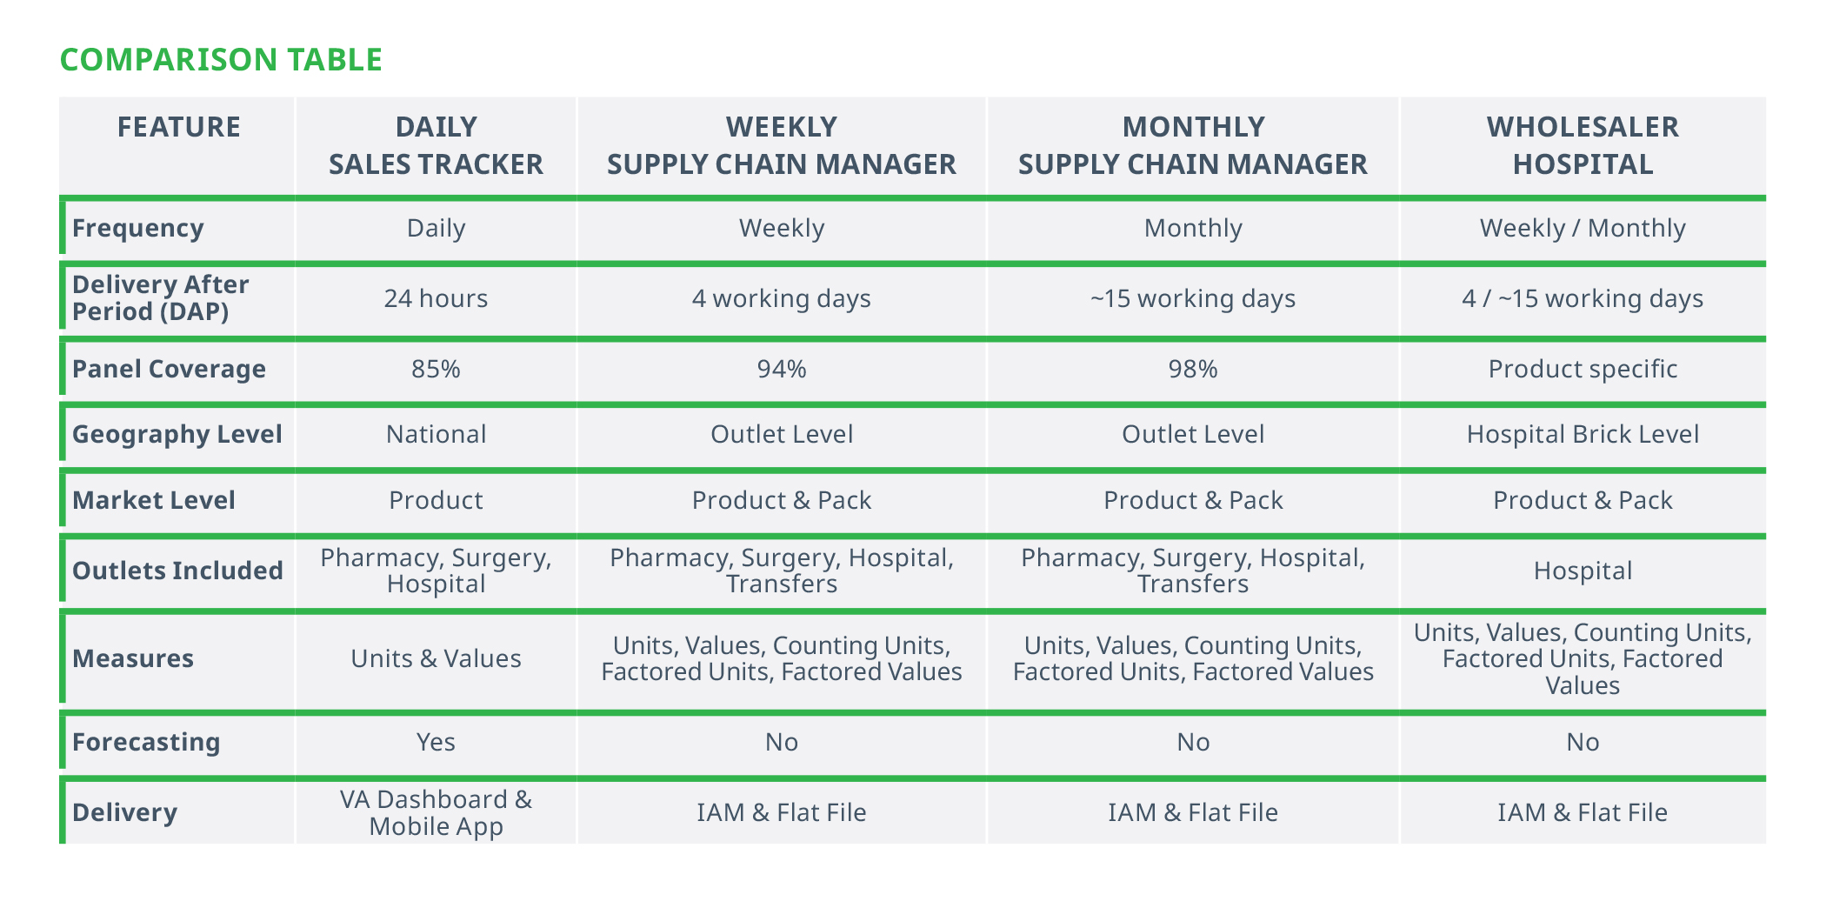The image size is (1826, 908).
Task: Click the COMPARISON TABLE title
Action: coord(221,59)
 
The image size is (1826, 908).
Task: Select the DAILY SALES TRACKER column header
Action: coord(436,145)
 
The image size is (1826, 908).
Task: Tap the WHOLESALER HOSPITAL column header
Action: coord(1583,145)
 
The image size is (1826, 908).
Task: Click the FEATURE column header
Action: coord(179,127)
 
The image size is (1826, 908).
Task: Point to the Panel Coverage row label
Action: coord(169,369)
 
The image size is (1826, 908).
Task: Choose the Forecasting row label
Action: coord(146,742)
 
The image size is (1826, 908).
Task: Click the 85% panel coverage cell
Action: coord(436,369)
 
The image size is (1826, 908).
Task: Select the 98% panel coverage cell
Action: coord(1193,369)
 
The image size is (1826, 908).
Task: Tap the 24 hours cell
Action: coord(436,298)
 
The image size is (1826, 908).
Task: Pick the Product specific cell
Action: coord(1583,369)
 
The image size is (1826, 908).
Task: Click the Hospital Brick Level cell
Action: coord(1583,434)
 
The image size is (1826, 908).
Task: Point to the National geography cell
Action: coord(436,434)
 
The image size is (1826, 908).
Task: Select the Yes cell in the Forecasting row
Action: coord(436,742)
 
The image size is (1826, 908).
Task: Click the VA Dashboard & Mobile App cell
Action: coord(436,812)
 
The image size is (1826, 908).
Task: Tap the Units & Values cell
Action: coord(436,658)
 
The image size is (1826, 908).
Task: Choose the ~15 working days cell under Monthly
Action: coord(1193,298)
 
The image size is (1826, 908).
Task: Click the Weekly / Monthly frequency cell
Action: coord(1583,228)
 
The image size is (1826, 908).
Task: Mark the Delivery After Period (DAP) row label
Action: coord(161,297)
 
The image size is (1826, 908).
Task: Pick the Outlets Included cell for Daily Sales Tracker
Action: coord(436,570)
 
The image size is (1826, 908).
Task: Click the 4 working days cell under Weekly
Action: coord(782,298)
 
